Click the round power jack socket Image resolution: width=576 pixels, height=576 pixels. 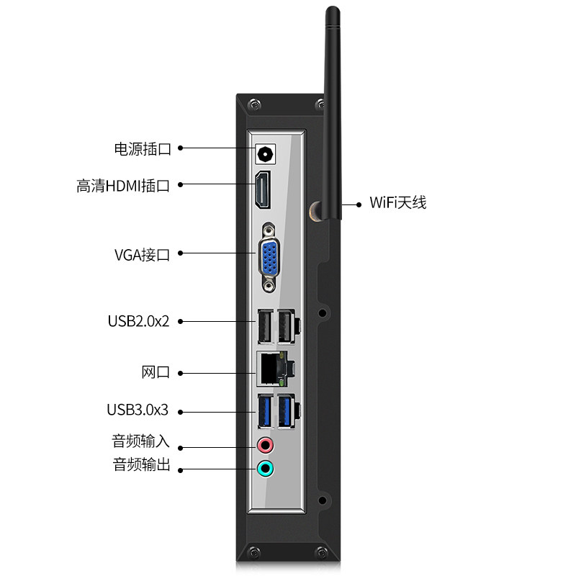point(266,153)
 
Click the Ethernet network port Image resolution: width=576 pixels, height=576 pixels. point(271,368)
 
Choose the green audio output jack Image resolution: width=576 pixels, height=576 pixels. point(266,469)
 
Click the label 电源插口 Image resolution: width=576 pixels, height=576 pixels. point(143,149)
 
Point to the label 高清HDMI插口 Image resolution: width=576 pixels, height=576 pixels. point(123,185)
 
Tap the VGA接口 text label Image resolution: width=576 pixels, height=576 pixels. point(142,254)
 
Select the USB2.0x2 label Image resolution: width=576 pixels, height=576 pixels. point(138,321)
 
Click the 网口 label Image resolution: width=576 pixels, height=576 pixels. point(156,373)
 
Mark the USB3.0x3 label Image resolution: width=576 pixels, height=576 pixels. point(138,410)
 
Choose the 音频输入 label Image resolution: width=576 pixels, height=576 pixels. point(141,441)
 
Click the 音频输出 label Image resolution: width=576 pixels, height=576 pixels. point(142,465)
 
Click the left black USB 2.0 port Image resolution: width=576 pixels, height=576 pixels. point(264,326)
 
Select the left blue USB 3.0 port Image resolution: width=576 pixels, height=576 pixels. point(264,413)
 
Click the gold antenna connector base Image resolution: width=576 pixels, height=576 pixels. point(315,210)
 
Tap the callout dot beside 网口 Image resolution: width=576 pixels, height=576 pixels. point(180,373)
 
